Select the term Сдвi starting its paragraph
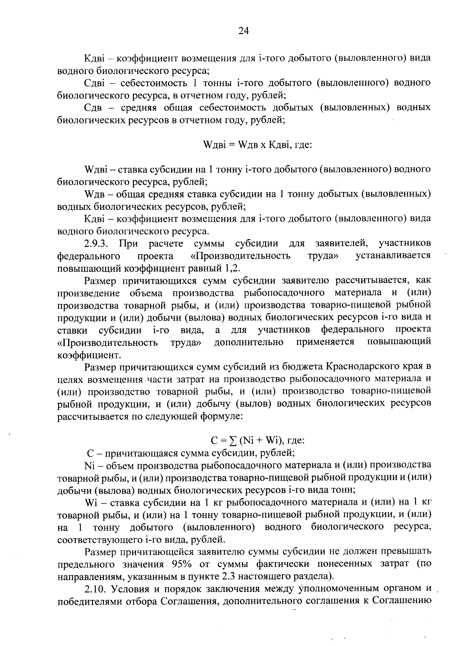pos(94,83)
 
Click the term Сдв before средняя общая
pos(93,108)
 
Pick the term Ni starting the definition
pos(89,465)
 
